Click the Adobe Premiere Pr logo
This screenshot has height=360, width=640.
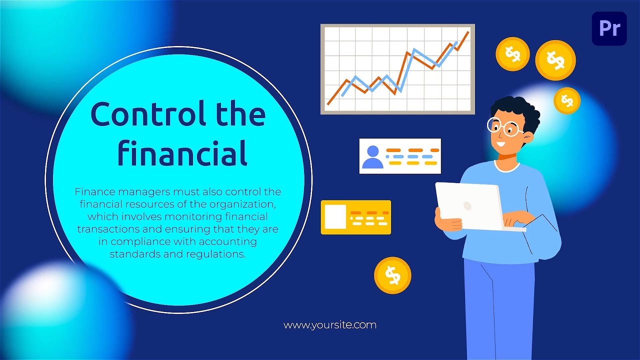pos(609,28)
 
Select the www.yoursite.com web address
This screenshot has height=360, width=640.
pos(329,325)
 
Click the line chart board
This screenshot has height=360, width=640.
pos(397,69)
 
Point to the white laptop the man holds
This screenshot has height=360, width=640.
pos(468,205)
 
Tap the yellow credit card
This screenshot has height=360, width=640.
pos(355,217)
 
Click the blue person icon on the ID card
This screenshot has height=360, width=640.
pos(372,156)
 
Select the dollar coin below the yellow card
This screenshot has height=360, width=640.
pos(392,275)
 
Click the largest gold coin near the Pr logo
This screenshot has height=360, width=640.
pos(555,60)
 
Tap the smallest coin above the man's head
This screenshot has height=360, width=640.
pos(566,100)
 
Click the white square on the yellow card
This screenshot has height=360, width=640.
pos(334,216)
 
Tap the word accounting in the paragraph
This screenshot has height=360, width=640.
pos(227,241)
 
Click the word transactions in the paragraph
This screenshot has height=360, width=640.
pos(107,229)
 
